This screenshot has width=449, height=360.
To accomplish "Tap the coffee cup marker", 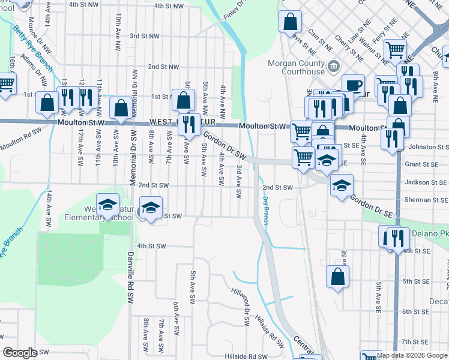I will [353, 85].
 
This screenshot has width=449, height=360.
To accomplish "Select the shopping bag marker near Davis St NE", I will [290, 22].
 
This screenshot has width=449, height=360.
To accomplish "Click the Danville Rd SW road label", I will [130, 278].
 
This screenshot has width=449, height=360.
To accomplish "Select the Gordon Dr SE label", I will [371, 203].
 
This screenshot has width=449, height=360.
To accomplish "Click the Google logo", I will [20, 353].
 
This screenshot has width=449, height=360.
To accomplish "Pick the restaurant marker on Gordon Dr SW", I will [189, 124].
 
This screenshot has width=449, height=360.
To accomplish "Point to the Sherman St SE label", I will [426, 199].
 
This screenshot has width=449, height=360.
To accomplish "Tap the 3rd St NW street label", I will [145, 36].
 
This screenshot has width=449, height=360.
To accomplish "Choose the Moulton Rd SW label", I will [21, 139].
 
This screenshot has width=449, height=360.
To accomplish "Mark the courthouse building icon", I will [334, 66].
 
